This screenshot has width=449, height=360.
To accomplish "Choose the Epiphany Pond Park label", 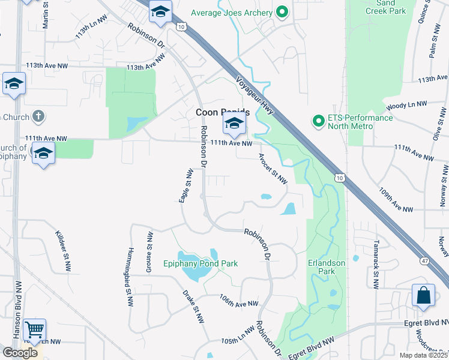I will [x=201, y=263].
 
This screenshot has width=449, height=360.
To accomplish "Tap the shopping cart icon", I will [x=34, y=329].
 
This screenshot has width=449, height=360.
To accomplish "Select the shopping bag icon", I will [x=423, y=295].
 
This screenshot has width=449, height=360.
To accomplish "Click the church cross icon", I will [x=37, y=116].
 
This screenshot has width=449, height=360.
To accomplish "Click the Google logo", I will [x=20, y=353].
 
